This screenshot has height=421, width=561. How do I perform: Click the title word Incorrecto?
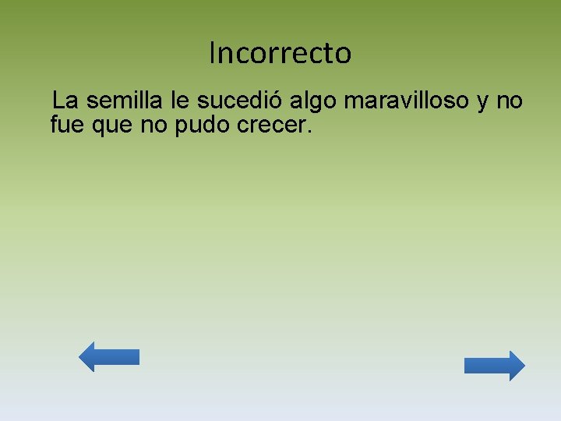(280, 53)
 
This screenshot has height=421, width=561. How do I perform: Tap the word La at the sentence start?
(65, 101)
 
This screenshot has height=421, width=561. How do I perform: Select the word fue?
(66, 124)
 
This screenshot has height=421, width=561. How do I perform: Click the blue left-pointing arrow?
(109, 356)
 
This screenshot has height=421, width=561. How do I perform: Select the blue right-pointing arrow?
(495, 366)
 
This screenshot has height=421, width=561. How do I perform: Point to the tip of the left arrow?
(81, 356)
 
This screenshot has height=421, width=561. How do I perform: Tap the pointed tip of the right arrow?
(524, 366)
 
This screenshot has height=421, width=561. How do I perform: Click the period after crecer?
(309, 130)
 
